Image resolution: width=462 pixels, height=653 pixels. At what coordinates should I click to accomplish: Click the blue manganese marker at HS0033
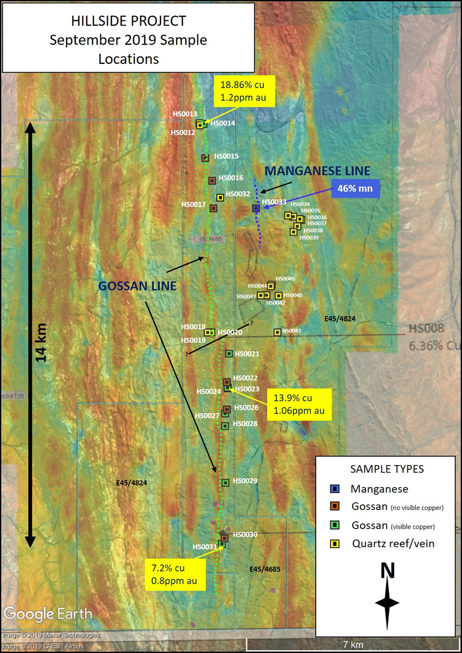coord(256,208)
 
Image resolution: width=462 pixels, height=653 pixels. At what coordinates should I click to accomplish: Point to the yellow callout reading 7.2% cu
coord(175,573)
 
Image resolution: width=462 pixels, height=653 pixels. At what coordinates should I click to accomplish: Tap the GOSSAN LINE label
coord(137,286)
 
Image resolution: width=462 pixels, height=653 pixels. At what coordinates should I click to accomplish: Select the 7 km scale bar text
coord(353,644)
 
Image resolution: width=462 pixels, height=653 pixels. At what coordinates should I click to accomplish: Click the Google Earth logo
coord(48,614)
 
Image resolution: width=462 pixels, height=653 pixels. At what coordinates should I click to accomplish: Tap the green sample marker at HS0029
coord(225,482)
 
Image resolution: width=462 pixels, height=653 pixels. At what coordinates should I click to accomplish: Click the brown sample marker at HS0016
coord(212,181)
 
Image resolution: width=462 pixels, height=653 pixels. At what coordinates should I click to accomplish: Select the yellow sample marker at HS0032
coord(220,197)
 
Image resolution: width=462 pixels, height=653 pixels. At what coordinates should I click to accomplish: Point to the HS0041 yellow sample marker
coord(278,332)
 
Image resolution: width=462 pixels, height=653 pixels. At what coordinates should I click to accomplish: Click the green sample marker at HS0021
coord(229,354)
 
